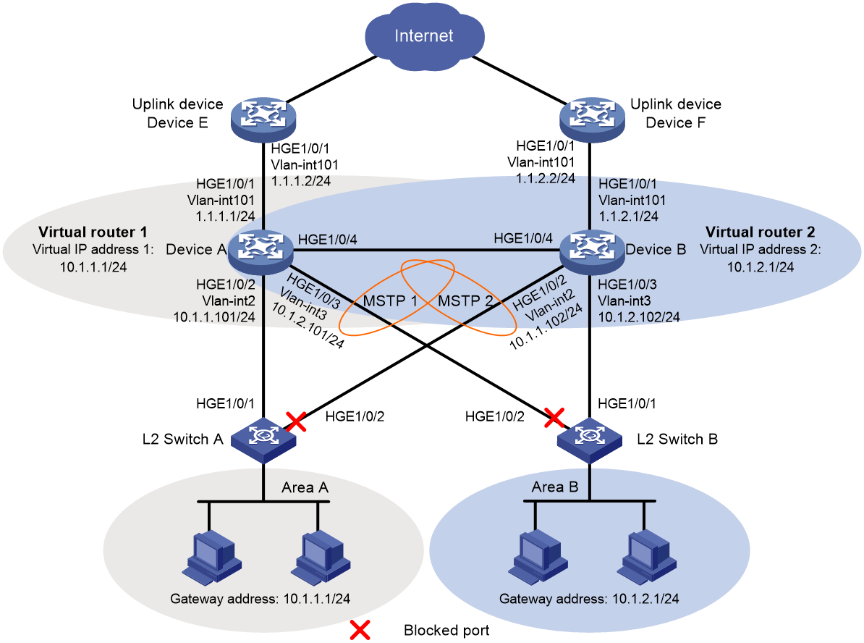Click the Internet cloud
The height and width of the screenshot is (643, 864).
click(424, 36)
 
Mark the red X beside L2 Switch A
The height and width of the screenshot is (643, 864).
click(297, 422)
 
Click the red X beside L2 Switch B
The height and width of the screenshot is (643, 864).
click(554, 418)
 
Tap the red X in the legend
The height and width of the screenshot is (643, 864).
click(360, 630)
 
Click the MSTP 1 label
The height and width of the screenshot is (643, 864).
click(390, 301)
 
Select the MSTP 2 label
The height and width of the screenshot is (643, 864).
click(465, 301)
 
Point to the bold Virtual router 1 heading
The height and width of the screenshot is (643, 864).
click(93, 232)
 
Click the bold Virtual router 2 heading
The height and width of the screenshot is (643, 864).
click(761, 232)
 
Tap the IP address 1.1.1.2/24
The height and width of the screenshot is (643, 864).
click(301, 181)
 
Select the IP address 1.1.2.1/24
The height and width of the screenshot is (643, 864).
click(629, 217)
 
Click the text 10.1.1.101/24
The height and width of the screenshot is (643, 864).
click(214, 317)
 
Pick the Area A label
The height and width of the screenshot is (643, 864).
click(305, 487)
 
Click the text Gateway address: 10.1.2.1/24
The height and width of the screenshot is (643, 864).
click(589, 598)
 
